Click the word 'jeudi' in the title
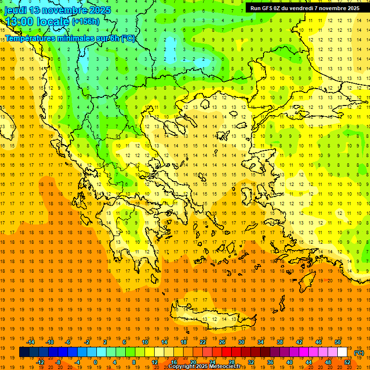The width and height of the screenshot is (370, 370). point(15,10)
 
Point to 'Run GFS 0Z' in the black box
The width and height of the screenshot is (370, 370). point(267,8)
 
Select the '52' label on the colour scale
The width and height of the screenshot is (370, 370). point(347,362)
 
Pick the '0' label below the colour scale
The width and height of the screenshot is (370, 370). point(95,362)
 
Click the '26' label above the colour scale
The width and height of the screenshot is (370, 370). point(222,342)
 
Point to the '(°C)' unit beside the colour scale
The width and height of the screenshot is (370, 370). point(359,353)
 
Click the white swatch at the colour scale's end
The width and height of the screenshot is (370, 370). point(343,352)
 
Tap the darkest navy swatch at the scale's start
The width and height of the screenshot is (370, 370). point(24,352)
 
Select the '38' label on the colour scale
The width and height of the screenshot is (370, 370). point(280,342)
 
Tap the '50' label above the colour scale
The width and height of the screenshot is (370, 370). point(338,342)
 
